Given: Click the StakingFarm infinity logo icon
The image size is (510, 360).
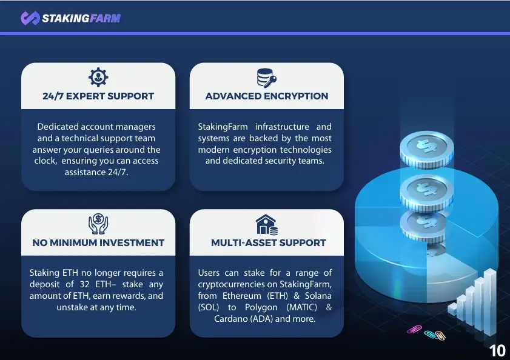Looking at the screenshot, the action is pos(30,18).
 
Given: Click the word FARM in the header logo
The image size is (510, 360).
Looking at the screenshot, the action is pos(105,18).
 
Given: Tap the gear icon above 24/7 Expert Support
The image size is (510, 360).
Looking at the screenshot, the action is pos(98,78).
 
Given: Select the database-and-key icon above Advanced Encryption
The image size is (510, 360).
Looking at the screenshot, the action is pos(266,78).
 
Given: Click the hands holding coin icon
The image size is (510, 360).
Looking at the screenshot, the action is pos(98,224).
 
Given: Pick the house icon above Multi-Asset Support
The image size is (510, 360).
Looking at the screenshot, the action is pos(267,224).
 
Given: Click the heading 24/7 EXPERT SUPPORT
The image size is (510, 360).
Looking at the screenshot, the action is pos(98,96).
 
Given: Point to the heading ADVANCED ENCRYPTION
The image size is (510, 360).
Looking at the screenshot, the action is pos(267,96).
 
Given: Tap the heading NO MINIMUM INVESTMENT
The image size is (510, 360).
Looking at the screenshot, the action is pos(98,243).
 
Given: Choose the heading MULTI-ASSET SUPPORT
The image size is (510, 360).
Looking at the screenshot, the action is pos(268,243).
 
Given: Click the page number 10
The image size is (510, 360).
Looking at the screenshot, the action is pos(497,351).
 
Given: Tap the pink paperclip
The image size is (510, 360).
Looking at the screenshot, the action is pos(414,330).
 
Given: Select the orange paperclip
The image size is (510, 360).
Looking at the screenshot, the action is pos(440,336).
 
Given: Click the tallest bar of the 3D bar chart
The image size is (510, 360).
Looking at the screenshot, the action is pos(490,302).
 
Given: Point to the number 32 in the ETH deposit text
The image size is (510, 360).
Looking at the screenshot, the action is pos(84,284).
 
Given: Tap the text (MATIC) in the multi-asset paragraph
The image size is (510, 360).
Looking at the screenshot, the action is pos(301,307).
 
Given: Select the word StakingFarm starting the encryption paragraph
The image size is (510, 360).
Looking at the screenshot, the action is pos(223,127).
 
